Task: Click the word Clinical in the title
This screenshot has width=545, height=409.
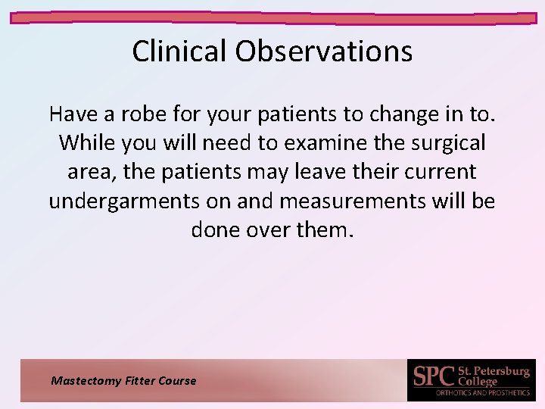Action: tap(179, 52)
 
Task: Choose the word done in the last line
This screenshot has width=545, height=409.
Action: tap(216, 229)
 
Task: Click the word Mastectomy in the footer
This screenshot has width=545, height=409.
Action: tap(84, 381)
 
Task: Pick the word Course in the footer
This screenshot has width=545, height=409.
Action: tap(177, 381)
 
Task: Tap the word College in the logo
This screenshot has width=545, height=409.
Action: tap(478, 382)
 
